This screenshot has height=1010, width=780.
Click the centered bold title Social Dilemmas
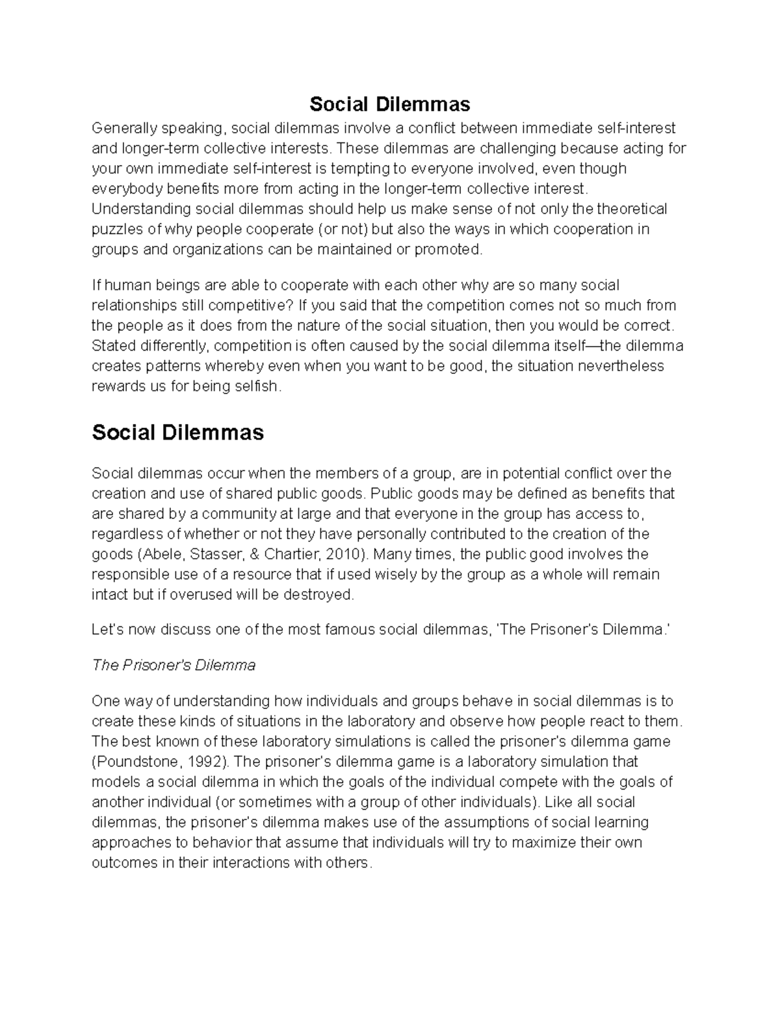tap(389, 104)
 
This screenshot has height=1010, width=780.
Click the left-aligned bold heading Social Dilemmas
tap(177, 432)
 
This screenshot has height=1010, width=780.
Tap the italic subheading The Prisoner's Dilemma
tap(174, 665)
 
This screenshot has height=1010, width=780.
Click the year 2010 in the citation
tap(344, 555)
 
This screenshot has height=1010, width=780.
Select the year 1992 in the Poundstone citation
tap(205, 762)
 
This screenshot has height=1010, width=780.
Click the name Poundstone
tap(136, 762)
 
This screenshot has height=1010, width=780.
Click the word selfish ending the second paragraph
tap(259, 386)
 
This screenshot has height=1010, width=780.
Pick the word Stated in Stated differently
tap(111, 345)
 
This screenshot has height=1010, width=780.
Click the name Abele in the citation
tap(157, 555)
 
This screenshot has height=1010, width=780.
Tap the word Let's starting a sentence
tap(107, 630)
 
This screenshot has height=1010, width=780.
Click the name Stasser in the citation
tap(207, 555)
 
